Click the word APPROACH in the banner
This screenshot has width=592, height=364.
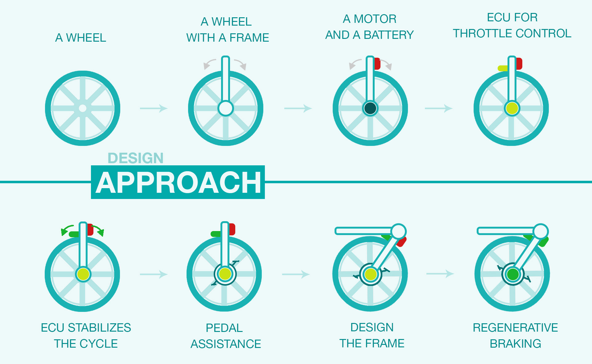(x=178, y=183)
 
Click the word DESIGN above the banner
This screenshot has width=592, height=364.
(x=135, y=158)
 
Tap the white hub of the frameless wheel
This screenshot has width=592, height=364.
(x=83, y=108)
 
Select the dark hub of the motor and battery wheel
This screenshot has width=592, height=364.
(x=370, y=108)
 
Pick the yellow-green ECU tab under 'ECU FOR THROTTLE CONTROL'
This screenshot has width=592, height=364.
(x=503, y=68)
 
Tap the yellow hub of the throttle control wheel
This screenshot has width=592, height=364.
(x=512, y=108)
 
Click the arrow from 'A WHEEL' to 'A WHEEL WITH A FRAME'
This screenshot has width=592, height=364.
(x=154, y=108)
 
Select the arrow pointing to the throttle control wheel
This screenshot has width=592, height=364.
(x=438, y=108)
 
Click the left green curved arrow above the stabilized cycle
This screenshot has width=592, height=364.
(x=67, y=230)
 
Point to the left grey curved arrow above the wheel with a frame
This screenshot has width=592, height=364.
(x=209, y=64)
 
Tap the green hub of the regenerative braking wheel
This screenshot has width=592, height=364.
(x=513, y=274)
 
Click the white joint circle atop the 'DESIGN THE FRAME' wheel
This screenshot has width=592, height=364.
(x=399, y=231)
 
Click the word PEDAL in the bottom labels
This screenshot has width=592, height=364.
(x=224, y=328)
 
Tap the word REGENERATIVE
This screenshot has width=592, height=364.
(x=515, y=328)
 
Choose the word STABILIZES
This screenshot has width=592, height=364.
(x=99, y=328)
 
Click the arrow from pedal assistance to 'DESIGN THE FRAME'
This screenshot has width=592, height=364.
(x=296, y=274)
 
